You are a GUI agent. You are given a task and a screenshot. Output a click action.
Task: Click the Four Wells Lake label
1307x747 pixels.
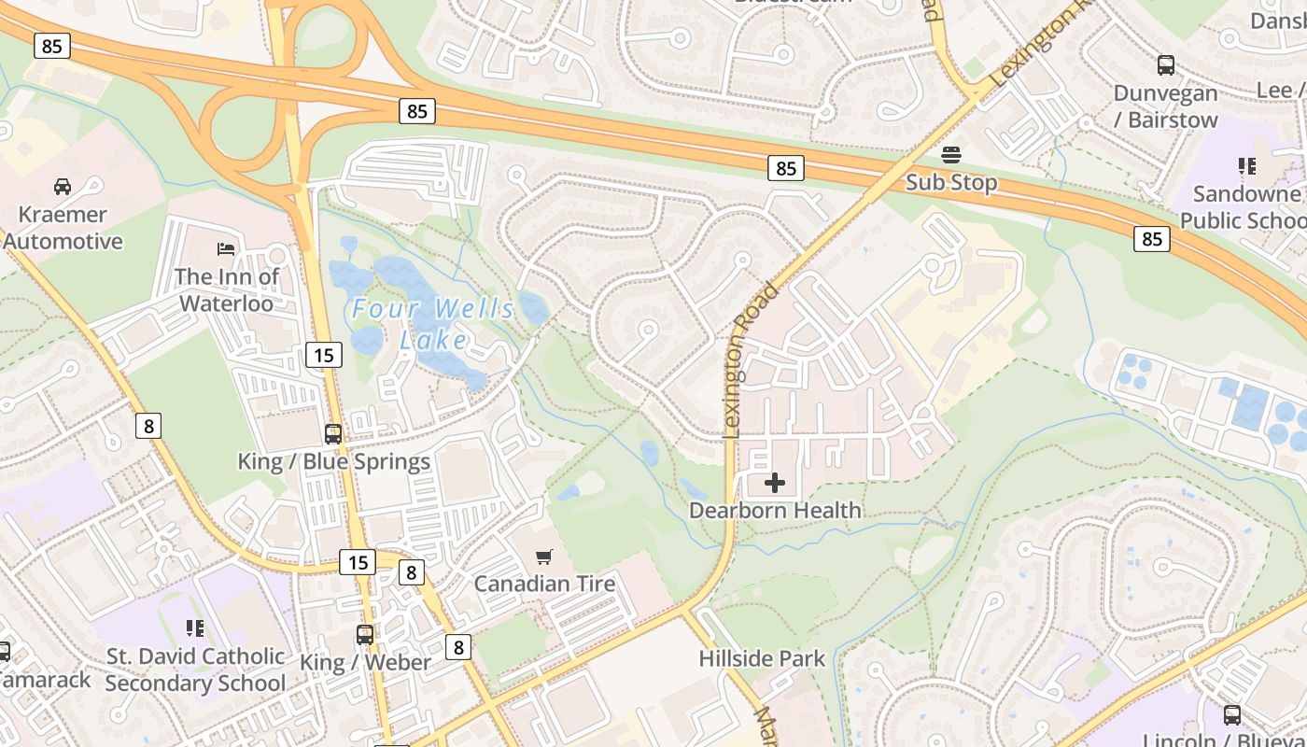[x=433, y=323]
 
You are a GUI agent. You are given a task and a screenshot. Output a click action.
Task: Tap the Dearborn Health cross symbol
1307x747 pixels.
[x=775, y=483]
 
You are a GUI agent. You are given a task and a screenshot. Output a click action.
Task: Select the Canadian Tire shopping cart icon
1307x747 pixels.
[x=544, y=557]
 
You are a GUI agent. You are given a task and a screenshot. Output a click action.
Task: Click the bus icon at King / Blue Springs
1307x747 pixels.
[x=333, y=433]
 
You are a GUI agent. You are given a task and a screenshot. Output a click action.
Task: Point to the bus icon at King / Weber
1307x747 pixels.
[x=365, y=635]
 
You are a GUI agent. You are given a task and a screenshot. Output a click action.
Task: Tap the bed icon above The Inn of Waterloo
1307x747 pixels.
[x=226, y=248]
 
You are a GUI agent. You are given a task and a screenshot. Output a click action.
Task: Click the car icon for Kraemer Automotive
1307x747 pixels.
[x=63, y=186]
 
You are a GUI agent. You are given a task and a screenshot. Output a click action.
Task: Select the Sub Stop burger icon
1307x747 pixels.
[x=951, y=154]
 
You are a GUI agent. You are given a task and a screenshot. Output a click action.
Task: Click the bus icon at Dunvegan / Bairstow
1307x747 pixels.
[x=1166, y=65]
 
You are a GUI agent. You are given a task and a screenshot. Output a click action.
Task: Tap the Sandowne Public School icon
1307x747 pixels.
[x=1247, y=166]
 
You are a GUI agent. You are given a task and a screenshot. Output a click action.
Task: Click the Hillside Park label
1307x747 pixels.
[x=762, y=658]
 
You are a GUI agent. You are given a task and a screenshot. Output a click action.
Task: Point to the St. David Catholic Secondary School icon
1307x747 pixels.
[x=195, y=627]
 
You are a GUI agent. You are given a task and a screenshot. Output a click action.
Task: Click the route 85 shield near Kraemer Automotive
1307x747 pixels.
[x=51, y=45]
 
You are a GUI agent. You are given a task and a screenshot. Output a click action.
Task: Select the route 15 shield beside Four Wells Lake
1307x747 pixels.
[x=323, y=355]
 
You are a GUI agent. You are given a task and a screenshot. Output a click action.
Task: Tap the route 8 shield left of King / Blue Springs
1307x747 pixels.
[x=148, y=426]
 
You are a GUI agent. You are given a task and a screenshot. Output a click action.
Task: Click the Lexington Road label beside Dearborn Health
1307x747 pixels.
[x=751, y=359]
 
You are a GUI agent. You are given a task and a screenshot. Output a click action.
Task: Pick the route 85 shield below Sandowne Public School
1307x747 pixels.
[x=1152, y=239]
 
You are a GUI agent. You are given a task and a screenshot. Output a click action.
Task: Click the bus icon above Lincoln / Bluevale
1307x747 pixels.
[x=1232, y=715]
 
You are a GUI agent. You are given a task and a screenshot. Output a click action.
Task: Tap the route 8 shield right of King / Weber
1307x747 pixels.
[x=457, y=646]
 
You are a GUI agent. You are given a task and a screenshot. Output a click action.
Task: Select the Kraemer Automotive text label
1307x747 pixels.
[x=63, y=228]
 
